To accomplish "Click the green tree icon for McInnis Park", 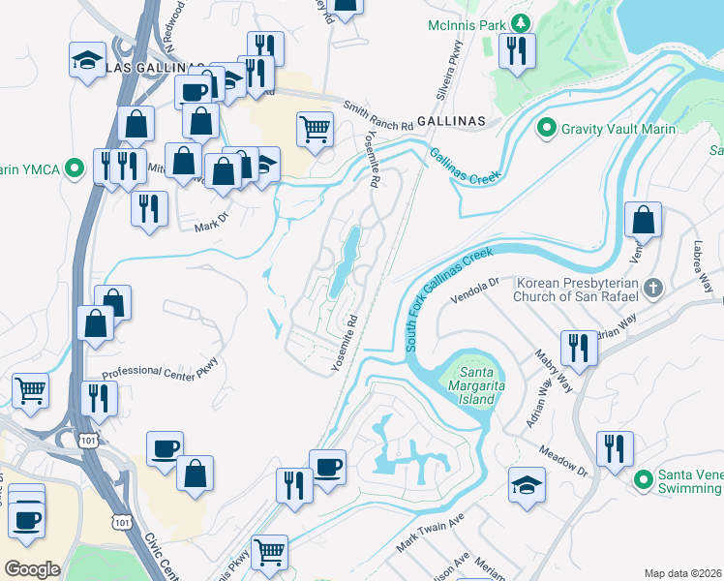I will point(522,22).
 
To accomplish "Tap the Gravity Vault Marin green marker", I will point(546,128).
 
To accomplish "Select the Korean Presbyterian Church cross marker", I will point(654,288).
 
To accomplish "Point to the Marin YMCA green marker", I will point(72,169).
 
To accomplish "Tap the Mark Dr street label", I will point(209,226).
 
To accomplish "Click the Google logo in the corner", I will point(32,568).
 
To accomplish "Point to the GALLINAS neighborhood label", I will point(451,118).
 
